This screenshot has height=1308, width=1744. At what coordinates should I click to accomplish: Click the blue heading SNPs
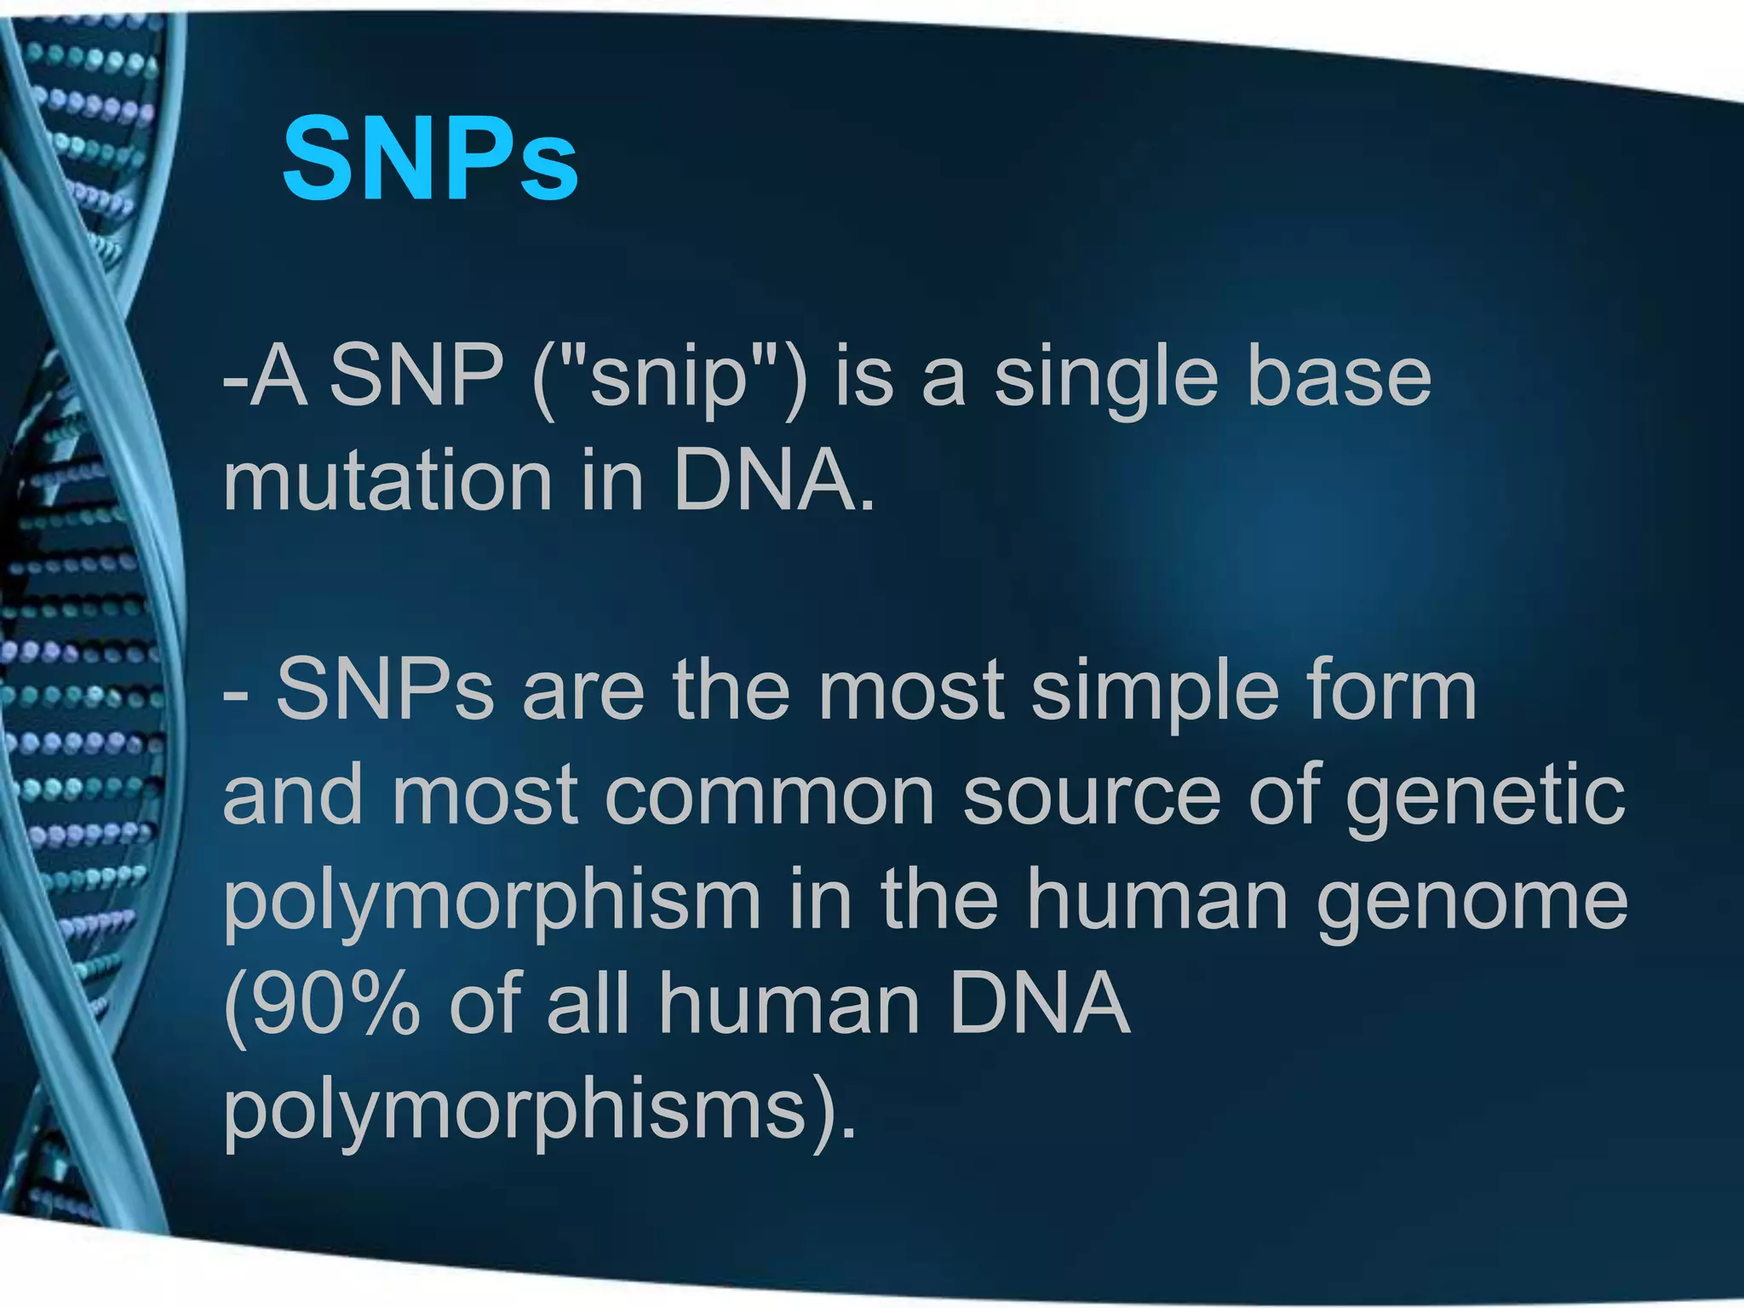click(430, 159)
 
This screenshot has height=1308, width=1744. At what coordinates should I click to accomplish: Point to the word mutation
click(387, 482)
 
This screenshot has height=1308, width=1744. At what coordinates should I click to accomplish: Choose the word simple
click(1155, 691)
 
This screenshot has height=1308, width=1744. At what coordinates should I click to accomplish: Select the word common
click(770, 796)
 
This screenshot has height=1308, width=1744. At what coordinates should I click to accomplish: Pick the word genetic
click(1486, 796)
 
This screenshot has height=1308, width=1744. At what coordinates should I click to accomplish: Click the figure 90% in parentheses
click(324, 1005)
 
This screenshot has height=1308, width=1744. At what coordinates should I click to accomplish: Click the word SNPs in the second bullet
click(385, 691)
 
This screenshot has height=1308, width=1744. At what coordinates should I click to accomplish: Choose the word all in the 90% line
click(588, 1005)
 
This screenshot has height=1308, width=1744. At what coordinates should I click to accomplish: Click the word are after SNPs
click(583, 691)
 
